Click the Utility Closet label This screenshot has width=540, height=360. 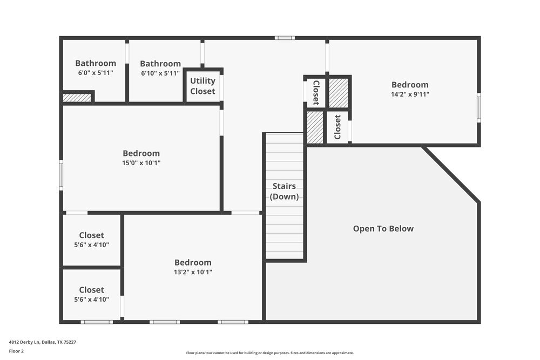202,86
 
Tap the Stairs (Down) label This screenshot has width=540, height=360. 284,192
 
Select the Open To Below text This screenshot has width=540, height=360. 383,228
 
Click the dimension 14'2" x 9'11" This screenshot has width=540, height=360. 410,94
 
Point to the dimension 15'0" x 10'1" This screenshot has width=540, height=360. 141,162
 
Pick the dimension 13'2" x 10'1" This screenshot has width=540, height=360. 193,272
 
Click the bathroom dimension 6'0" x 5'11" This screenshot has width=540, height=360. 96,73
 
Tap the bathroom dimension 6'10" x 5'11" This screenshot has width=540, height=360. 160,73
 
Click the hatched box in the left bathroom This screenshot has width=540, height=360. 77,98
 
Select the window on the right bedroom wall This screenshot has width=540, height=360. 478,107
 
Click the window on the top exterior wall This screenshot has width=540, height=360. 284,38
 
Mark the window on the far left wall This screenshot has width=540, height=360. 61,175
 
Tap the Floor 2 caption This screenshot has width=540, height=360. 16,351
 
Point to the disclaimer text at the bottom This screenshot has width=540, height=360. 269,352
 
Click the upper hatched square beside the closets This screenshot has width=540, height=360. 339,93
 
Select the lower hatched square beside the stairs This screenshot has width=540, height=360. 315,127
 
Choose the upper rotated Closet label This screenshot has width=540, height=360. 316,92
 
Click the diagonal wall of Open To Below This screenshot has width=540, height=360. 450,174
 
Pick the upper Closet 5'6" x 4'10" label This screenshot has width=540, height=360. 91,240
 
